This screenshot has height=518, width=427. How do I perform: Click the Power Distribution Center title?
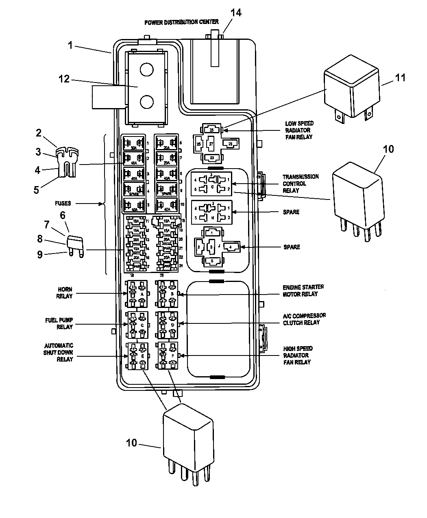point(181,22)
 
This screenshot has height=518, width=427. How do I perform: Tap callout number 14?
point(236,13)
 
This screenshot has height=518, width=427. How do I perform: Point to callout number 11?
point(401,77)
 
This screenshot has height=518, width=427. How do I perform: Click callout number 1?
point(70,45)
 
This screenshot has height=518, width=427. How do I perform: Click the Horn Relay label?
point(64,293)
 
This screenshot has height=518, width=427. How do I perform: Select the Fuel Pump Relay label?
point(59,323)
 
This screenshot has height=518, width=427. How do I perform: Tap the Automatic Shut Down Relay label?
point(59,352)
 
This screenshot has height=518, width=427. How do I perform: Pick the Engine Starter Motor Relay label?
point(303,290)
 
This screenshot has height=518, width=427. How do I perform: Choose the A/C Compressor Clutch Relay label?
point(304,319)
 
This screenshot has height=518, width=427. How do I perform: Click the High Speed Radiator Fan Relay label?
point(298,355)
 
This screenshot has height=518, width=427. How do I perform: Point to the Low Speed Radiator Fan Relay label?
point(299,130)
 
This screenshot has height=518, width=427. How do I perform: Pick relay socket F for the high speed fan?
point(168,355)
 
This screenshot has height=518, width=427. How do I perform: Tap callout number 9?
point(40,256)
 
